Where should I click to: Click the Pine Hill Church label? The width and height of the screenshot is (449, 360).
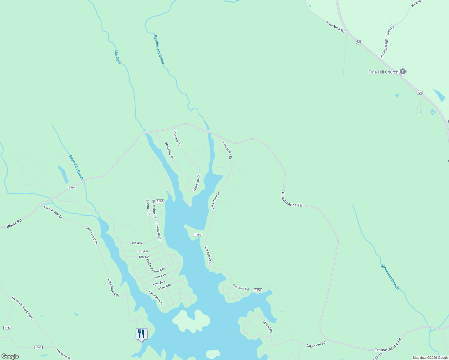(383, 72)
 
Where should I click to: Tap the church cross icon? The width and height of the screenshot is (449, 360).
(403, 72)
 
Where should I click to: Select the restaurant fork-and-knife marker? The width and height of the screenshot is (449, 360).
(141, 334)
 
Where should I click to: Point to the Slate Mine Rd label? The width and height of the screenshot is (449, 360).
(335, 26)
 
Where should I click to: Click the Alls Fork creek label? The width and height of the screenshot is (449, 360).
(118, 57)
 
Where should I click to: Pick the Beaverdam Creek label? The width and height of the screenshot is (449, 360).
(159, 49)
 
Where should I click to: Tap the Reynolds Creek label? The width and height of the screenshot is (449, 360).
(76, 167)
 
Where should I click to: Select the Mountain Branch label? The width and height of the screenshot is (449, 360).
(390, 277)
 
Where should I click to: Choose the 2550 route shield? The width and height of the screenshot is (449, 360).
(71, 187)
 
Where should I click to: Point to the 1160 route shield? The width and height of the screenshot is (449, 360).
(160, 201)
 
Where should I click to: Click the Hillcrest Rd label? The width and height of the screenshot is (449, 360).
(148, 207)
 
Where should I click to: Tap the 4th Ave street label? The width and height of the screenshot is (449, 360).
(137, 243)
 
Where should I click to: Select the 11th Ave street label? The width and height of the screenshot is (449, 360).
(164, 286)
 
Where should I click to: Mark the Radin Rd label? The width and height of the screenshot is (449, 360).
(150, 265)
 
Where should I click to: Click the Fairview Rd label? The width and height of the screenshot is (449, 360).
(240, 288)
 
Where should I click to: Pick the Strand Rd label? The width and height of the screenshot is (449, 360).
(267, 326)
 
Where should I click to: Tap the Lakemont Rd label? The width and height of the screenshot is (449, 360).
(316, 345)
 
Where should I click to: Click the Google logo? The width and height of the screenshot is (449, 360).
(10, 356)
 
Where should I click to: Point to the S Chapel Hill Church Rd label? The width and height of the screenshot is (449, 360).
(387, 41)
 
